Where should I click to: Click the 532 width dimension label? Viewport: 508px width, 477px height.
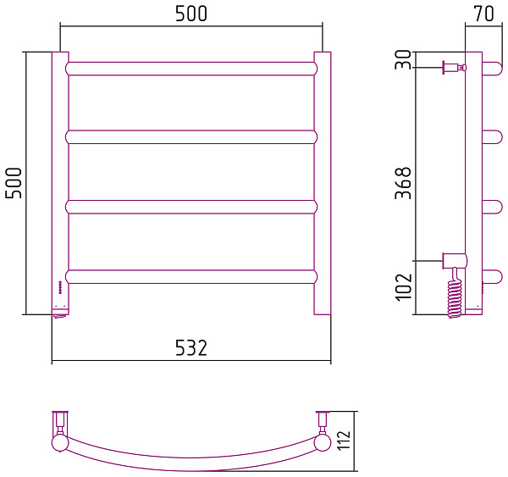click(191, 347)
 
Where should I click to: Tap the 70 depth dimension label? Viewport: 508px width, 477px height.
click(484, 14)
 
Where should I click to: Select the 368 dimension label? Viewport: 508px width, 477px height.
click(403, 183)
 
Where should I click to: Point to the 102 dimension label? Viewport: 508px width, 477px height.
click(404, 287)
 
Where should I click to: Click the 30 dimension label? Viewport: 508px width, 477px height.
click(403, 59)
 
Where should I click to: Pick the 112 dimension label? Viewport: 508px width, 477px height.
click(344, 440)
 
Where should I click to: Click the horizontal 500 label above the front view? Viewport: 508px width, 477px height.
click(191, 14)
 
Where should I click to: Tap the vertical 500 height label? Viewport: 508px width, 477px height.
click(14, 183)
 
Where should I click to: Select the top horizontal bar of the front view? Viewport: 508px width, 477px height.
click(191, 69)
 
